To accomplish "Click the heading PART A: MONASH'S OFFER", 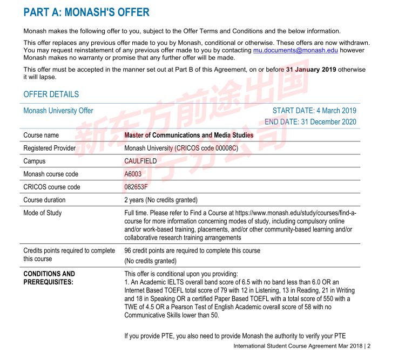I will tap(86, 12).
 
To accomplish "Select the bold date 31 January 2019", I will tap(311, 70).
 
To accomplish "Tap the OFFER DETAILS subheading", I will tap(51, 94).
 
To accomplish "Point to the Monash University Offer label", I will tap(58, 111).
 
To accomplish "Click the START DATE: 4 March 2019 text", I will tap(314, 111).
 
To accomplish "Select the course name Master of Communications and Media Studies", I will tap(188, 135).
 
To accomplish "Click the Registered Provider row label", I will tap(50, 148).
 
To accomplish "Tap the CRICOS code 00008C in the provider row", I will tap(216, 148).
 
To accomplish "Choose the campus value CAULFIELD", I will tap(140, 161).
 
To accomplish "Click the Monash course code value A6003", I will tap(133, 174).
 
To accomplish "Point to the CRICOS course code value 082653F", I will tap(136, 187).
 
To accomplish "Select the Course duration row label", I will tap(44, 200).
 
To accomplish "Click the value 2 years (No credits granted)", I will tap(161, 200).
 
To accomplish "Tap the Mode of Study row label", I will tap(43, 213).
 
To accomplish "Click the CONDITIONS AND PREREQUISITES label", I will tap(49, 277).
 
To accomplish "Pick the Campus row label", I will tap(35, 161).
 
